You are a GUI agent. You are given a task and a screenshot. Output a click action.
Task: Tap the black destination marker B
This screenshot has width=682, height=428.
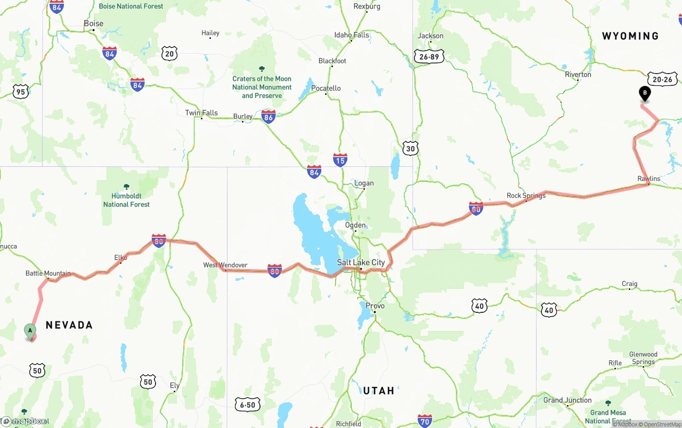click(645, 94)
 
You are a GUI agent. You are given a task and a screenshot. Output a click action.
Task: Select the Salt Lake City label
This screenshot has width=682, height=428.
click(361, 262)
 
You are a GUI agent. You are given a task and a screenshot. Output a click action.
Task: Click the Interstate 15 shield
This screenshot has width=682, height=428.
click(340, 159)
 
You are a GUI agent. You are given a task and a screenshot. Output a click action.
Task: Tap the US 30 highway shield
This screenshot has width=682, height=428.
click(410, 148)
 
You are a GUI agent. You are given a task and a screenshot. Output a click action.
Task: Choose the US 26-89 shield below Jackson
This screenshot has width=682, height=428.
click(429, 56)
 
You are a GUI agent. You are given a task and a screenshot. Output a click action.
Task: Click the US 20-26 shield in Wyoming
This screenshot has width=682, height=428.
click(663, 79)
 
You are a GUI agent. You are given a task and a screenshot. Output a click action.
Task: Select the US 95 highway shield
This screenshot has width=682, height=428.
click(20, 92)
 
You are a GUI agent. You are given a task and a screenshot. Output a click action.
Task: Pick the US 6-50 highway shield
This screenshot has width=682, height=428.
click(248, 405)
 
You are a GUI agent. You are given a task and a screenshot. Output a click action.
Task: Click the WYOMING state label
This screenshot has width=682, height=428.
click(630, 36)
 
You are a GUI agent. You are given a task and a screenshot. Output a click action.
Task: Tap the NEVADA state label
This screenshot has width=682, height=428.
click(69, 325)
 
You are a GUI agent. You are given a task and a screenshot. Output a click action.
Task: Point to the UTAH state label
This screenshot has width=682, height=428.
click(378, 391)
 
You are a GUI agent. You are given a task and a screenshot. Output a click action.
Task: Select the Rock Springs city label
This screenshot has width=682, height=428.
click(526, 196)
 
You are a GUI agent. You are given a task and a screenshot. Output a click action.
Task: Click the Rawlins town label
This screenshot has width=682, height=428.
click(648, 179)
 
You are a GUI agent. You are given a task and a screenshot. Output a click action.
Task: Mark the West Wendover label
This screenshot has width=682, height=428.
click(225, 265)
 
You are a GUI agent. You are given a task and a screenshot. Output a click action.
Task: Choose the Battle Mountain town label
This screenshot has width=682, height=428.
click(48, 273)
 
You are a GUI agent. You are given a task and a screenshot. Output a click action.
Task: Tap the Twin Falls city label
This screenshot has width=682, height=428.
click(201, 112)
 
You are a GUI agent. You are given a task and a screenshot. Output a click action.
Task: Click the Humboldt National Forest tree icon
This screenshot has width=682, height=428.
click(126, 187)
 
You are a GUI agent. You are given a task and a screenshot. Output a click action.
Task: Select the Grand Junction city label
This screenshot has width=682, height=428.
click(567, 400)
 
